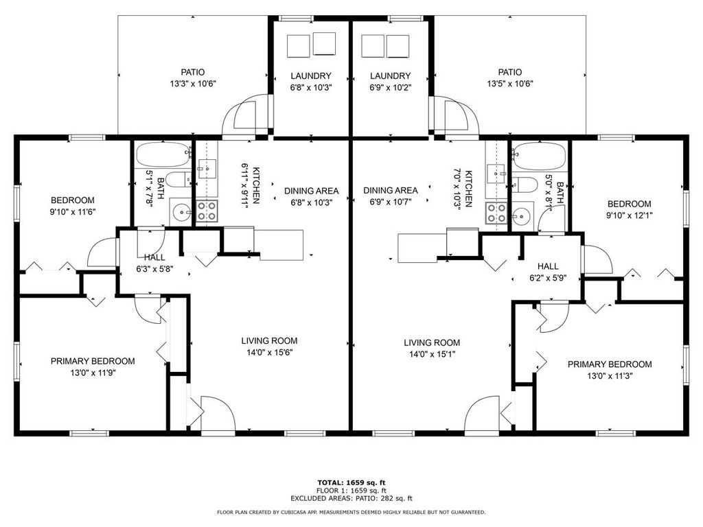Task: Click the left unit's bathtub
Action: click(162, 155)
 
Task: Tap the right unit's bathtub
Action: click(539, 156)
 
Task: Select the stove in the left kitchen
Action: click(207, 211)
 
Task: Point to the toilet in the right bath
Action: click(525, 184)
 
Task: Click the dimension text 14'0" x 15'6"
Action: click(268, 353)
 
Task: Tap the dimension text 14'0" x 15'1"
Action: click(431, 355)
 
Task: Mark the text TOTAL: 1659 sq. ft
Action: click(351, 482)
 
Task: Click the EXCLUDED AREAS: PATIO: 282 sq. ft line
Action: click(351, 499)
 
